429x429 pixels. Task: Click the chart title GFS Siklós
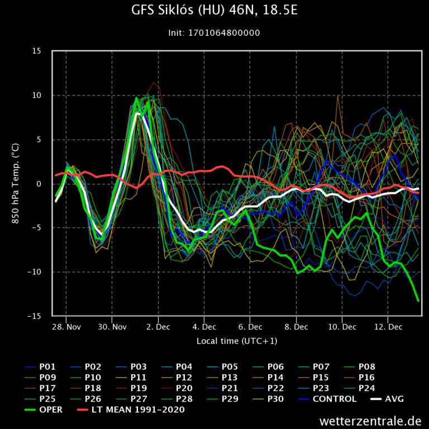[x=214, y=11]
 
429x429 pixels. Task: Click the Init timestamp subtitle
[x=214, y=33]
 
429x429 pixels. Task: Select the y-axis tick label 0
[x=39, y=184]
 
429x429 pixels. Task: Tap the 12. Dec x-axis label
[x=388, y=326]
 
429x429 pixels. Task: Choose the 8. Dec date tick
[x=296, y=326]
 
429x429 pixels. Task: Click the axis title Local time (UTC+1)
[x=236, y=340]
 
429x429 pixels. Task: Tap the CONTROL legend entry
[x=335, y=398]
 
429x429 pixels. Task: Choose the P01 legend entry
[x=47, y=367]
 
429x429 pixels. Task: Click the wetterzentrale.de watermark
[x=370, y=420]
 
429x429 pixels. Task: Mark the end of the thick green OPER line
[x=418, y=301]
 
